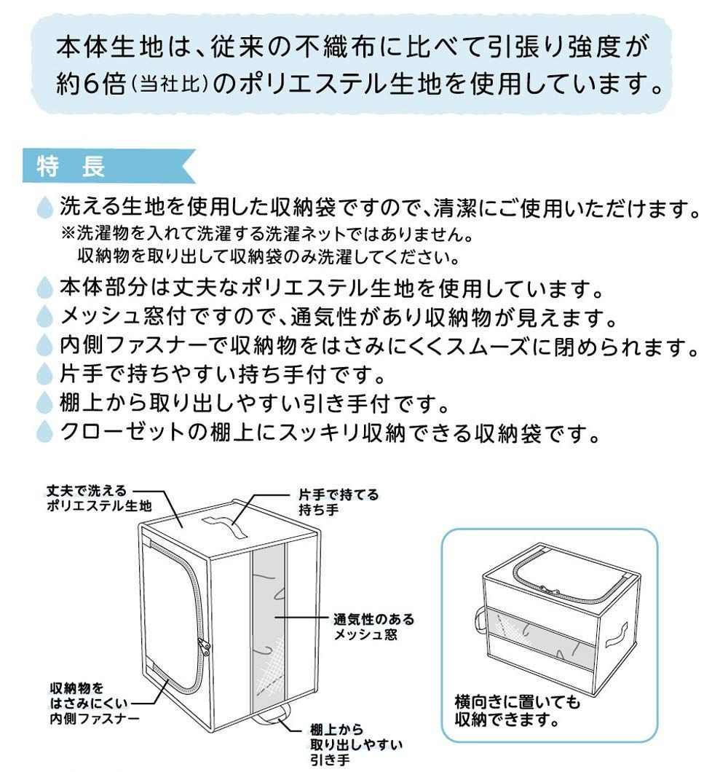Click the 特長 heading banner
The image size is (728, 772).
[x=108, y=165]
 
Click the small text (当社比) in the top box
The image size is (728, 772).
[x=168, y=85]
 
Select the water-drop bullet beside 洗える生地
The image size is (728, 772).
[x=45, y=207]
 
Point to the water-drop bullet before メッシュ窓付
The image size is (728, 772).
[x=45, y=316]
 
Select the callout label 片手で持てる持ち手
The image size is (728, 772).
[x=339, y=502]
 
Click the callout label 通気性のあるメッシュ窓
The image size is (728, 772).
[x=374, y=626]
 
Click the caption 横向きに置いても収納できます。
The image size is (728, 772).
[x=518, y=710]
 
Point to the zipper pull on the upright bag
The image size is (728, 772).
[x=204, y=647]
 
